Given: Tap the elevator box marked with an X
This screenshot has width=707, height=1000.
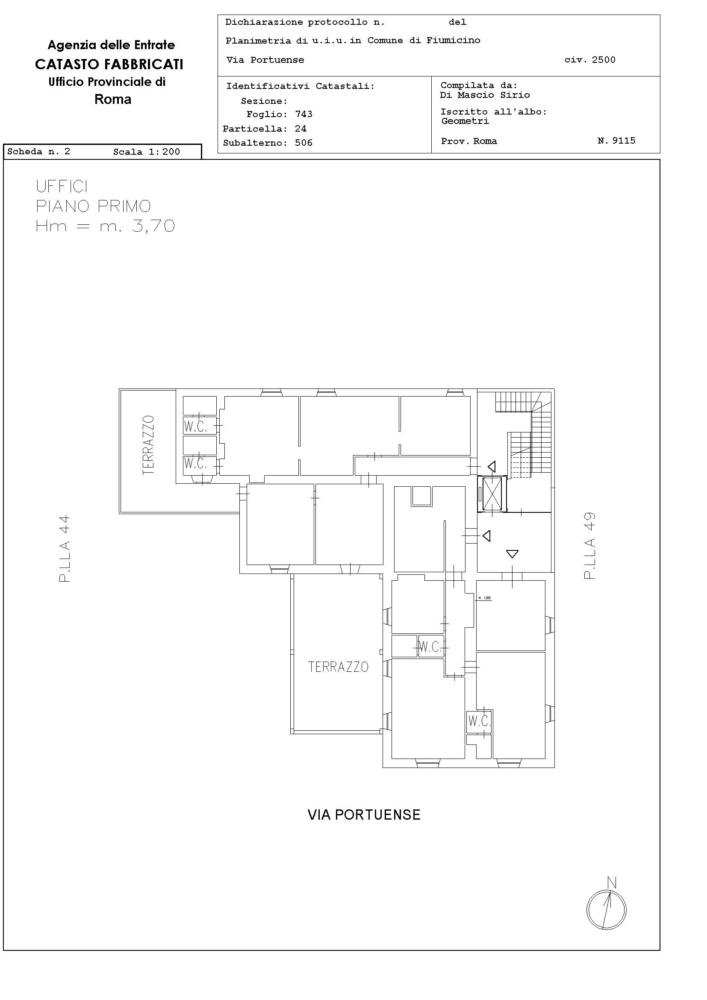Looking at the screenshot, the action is pyautogui.click(x=492, y=494).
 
